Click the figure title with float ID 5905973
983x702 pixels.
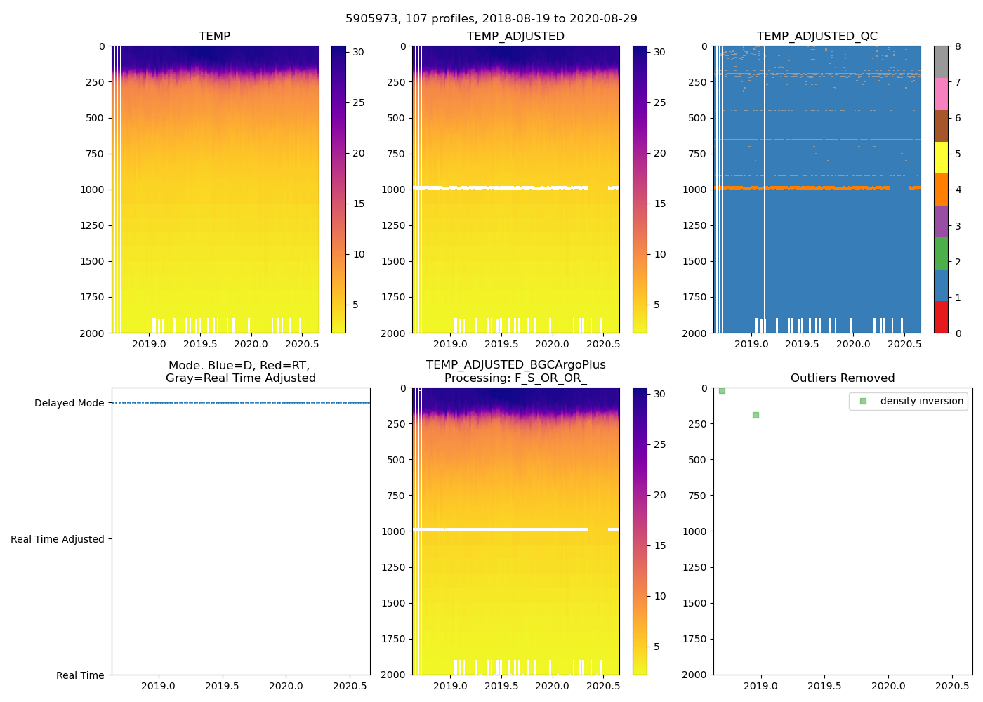coord(491,19)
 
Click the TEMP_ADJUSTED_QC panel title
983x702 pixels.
coord(817,36)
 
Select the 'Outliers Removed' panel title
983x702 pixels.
coord(843,378)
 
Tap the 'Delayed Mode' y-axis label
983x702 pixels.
coord(69,403)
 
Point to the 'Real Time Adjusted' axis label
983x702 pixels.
coord(58,539)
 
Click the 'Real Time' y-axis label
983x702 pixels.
coord(80,675)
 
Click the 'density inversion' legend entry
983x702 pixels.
coord(921,401)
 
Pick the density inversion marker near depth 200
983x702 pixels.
coord(756,415)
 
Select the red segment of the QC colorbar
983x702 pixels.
coord(941,317)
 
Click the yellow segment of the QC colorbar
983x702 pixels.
coord(941,158)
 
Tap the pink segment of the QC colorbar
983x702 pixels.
coord(941,94)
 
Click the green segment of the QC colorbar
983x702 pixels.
coord(941,253)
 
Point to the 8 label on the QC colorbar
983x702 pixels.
coord(958,46)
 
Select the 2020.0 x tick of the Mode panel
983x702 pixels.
coord(286,686)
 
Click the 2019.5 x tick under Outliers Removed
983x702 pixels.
coord(824,686)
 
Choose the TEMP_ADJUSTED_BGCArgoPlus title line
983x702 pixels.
coord(515,365)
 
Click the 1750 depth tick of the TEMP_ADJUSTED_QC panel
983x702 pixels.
coord(695,297)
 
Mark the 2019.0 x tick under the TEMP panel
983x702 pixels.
coord(149,344)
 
